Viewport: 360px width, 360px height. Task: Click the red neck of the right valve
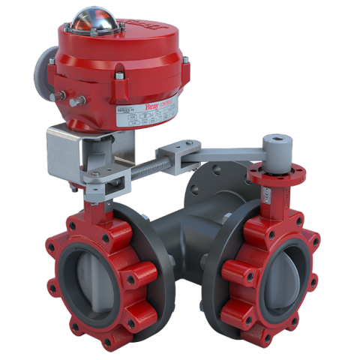(265, 196)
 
